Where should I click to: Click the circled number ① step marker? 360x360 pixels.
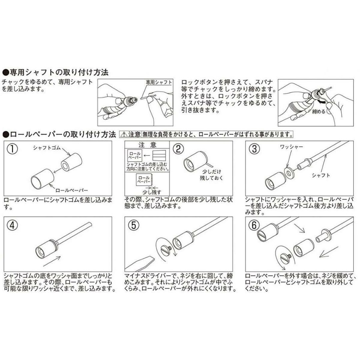tap(12, 149)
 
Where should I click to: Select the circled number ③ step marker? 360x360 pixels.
tap(254, 149)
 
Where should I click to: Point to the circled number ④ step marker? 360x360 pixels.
tap(12, 225)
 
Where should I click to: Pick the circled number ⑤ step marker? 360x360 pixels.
tap(134, 225)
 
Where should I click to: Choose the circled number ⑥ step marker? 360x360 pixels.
tap(254, 225)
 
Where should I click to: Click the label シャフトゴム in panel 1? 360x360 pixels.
tap(47, 148)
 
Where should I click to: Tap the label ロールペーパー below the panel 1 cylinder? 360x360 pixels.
tap(72, 190)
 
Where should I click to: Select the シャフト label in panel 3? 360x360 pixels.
tap(321, 175)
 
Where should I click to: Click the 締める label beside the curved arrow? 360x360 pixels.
tap(319, 112)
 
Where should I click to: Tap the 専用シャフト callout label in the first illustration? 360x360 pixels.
tap(159, 82)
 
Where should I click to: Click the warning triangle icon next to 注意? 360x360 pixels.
tap(124, 134)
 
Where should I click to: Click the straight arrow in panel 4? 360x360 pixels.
tap(52, 261)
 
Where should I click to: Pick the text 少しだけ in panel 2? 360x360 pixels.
tap(212, 172)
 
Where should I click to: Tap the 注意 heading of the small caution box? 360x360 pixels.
tap(147, 145)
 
